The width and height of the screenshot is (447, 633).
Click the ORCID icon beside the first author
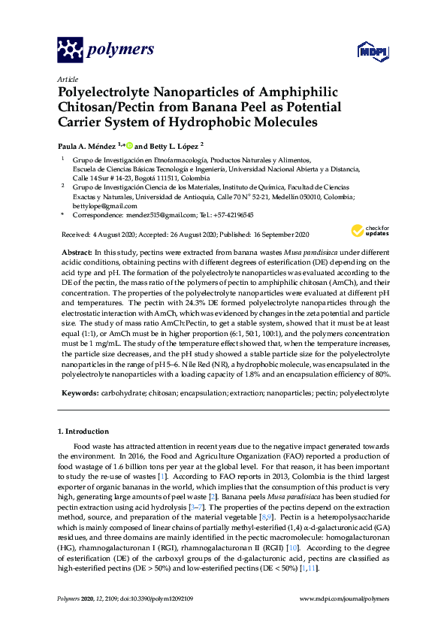point(128,146)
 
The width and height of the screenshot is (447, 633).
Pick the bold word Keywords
point(78,392)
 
